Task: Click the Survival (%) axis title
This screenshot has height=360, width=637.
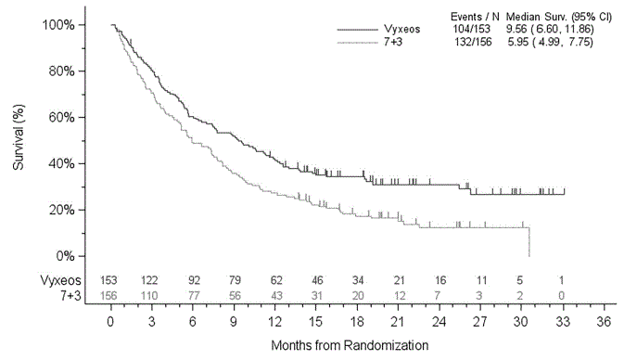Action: tap(18, 140)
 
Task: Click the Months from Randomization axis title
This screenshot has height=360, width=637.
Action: tap(350, 345)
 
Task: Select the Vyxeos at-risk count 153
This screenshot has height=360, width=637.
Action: tap(110, 279)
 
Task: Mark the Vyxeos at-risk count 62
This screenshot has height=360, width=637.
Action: tap(275, 279)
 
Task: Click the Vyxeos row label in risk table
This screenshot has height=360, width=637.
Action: tap(59, 279)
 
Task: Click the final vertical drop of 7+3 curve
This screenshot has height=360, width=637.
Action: tap(529, 243)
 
